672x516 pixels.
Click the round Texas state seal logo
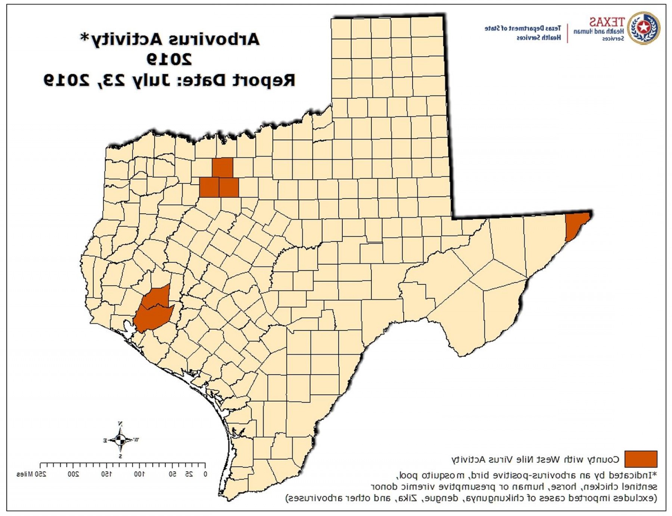(x=643, y=28)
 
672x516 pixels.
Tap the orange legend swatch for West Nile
(x=641, y=459)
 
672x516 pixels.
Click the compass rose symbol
(x=120, y=440)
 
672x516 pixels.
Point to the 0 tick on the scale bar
(x=205, y=474)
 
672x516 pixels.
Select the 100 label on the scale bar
(x=139, y=474)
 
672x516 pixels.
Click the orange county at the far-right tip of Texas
(x=576, y=226)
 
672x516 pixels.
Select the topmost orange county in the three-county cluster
(x=223, y=168)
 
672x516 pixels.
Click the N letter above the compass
(x=120, y=424)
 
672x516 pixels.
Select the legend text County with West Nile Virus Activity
(x=535, y=459)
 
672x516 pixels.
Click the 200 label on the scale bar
(x=73, y=474)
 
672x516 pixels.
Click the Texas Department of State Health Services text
(x=523, y=33)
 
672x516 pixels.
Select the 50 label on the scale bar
(x=172, y=474)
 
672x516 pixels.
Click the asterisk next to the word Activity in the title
(x=85, y=37)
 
